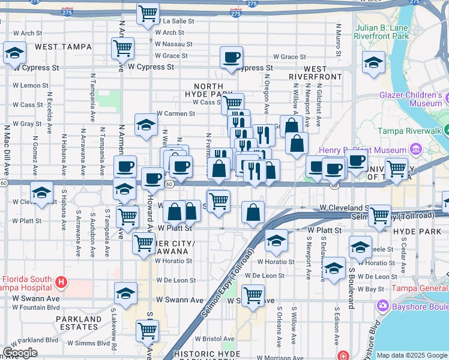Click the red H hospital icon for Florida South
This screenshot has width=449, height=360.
[x=60, y=281]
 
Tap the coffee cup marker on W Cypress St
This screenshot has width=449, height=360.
[x=231, y=58]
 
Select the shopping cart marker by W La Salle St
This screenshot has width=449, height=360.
[x=148, y=13]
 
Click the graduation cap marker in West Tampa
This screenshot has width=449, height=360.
[x=14, y=53]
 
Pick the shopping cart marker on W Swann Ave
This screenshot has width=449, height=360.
[x=253, y=295]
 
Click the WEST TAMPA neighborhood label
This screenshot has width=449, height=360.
[x=63, y=46]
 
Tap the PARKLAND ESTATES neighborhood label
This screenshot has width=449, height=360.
[x=79, y=323]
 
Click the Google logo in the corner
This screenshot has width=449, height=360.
[x=20, y=353]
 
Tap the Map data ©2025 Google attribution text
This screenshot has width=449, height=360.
[x=411, y=355]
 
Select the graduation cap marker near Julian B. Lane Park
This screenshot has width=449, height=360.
[x=373, y=62]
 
